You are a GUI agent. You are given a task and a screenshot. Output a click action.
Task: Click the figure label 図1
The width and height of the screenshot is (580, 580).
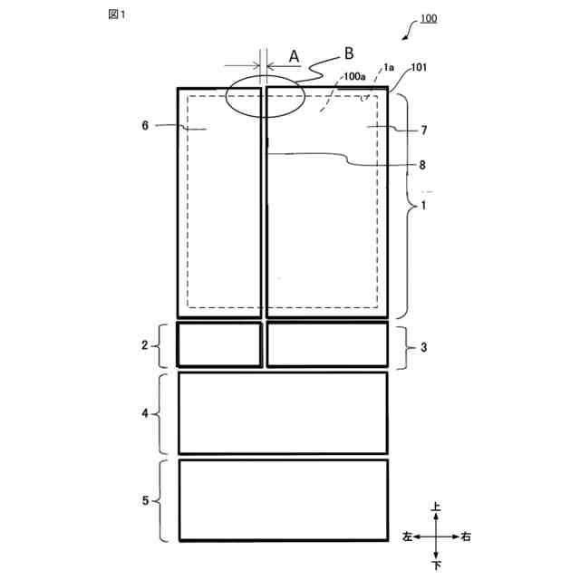tap(117, 14)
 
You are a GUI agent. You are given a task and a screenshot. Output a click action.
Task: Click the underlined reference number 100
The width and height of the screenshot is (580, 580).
tap(429, 18)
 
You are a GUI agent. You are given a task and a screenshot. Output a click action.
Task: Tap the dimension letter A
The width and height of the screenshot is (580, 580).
tap(294, 56)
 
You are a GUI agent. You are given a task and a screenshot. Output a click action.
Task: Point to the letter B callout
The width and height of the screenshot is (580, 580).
tap(348, 53)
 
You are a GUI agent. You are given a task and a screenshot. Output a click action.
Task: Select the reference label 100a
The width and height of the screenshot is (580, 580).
tap(354, 76)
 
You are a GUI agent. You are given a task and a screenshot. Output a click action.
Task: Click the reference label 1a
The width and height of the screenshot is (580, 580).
tap(389, 67)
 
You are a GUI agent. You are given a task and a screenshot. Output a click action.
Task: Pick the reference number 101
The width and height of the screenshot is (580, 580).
tap(419, 67)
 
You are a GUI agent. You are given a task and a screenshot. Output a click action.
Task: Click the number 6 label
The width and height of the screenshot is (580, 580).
tap(145, 126)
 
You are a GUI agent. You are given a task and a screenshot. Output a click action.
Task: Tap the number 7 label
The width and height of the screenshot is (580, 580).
tap(424, 130)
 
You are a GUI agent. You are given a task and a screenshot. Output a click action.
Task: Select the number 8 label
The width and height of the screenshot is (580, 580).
tap(422, 165)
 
